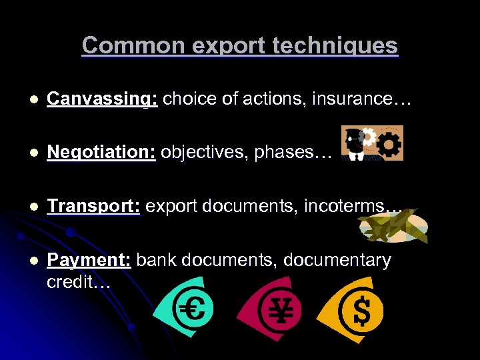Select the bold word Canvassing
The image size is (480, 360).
tap(102, 99)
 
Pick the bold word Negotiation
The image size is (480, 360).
tap(101, 153)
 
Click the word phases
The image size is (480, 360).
tap(289, 153)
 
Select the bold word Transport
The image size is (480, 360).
tap(93, 206)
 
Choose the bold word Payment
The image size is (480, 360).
tap(89, 259)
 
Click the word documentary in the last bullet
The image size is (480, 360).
tap(337, 259)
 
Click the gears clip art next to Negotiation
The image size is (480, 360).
tap(372, 143)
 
